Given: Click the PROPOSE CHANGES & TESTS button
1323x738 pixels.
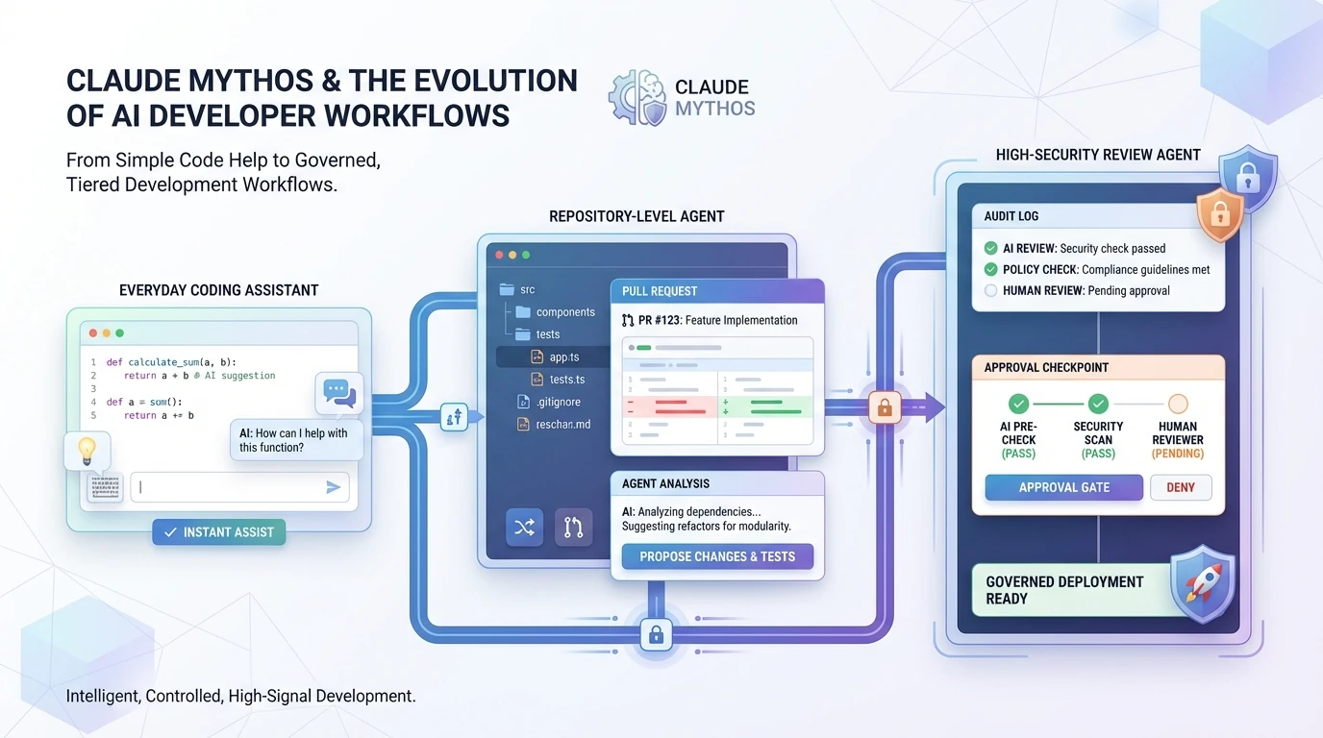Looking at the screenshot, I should tap(717, 556).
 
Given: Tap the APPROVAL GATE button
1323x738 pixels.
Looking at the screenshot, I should tap(1063, 487).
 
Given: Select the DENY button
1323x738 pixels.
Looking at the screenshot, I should tap(1181, 487).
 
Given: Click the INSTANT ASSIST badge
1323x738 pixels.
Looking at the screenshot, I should tap(219, 532).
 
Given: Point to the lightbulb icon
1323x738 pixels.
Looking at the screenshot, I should tap(87, 450).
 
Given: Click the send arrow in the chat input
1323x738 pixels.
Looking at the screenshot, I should tap(333, 487).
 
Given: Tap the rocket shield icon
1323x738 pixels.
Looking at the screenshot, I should tap(1201, 585).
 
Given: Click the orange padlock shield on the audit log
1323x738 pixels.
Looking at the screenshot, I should tap(1219, 214).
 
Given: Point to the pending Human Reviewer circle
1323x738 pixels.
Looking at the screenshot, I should tap(1178, 405).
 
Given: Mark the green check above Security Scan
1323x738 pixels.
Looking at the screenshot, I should tap(1098, 405).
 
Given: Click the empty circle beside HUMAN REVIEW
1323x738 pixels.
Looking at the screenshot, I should tap(990, 290).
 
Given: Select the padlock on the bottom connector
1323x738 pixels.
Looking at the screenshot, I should tap(656, 634).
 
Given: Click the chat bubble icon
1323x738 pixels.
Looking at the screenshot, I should tap(338, 392).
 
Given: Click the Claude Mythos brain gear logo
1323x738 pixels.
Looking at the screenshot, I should tap(637, 97).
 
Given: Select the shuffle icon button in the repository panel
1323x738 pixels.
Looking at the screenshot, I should tap(524, 527).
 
